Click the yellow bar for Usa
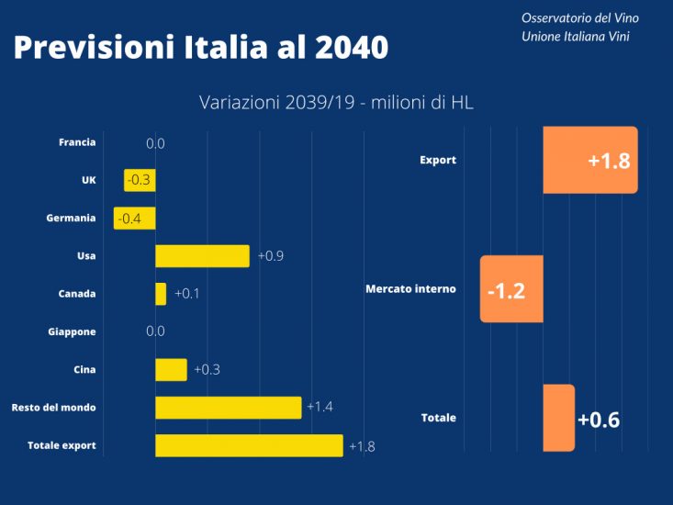point(202,256)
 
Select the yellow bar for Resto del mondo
point(228,407)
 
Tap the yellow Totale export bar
point(249,445)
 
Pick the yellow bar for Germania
point(135,219)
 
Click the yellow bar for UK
point(140,180)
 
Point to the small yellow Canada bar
point(161,294)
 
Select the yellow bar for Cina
point(171,369)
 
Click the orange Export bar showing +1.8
point(590,160)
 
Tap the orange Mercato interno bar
point(511,289)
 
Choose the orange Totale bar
point(559,418)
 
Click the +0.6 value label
point(599,421)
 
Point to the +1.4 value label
point(320,407)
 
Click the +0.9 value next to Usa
point(271,256)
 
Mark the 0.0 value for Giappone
point(155,331)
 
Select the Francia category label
point(77,142)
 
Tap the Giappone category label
point(72,331)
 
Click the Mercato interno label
point(410,289)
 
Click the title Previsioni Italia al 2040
point(200,48)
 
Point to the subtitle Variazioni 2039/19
point(336,103)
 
